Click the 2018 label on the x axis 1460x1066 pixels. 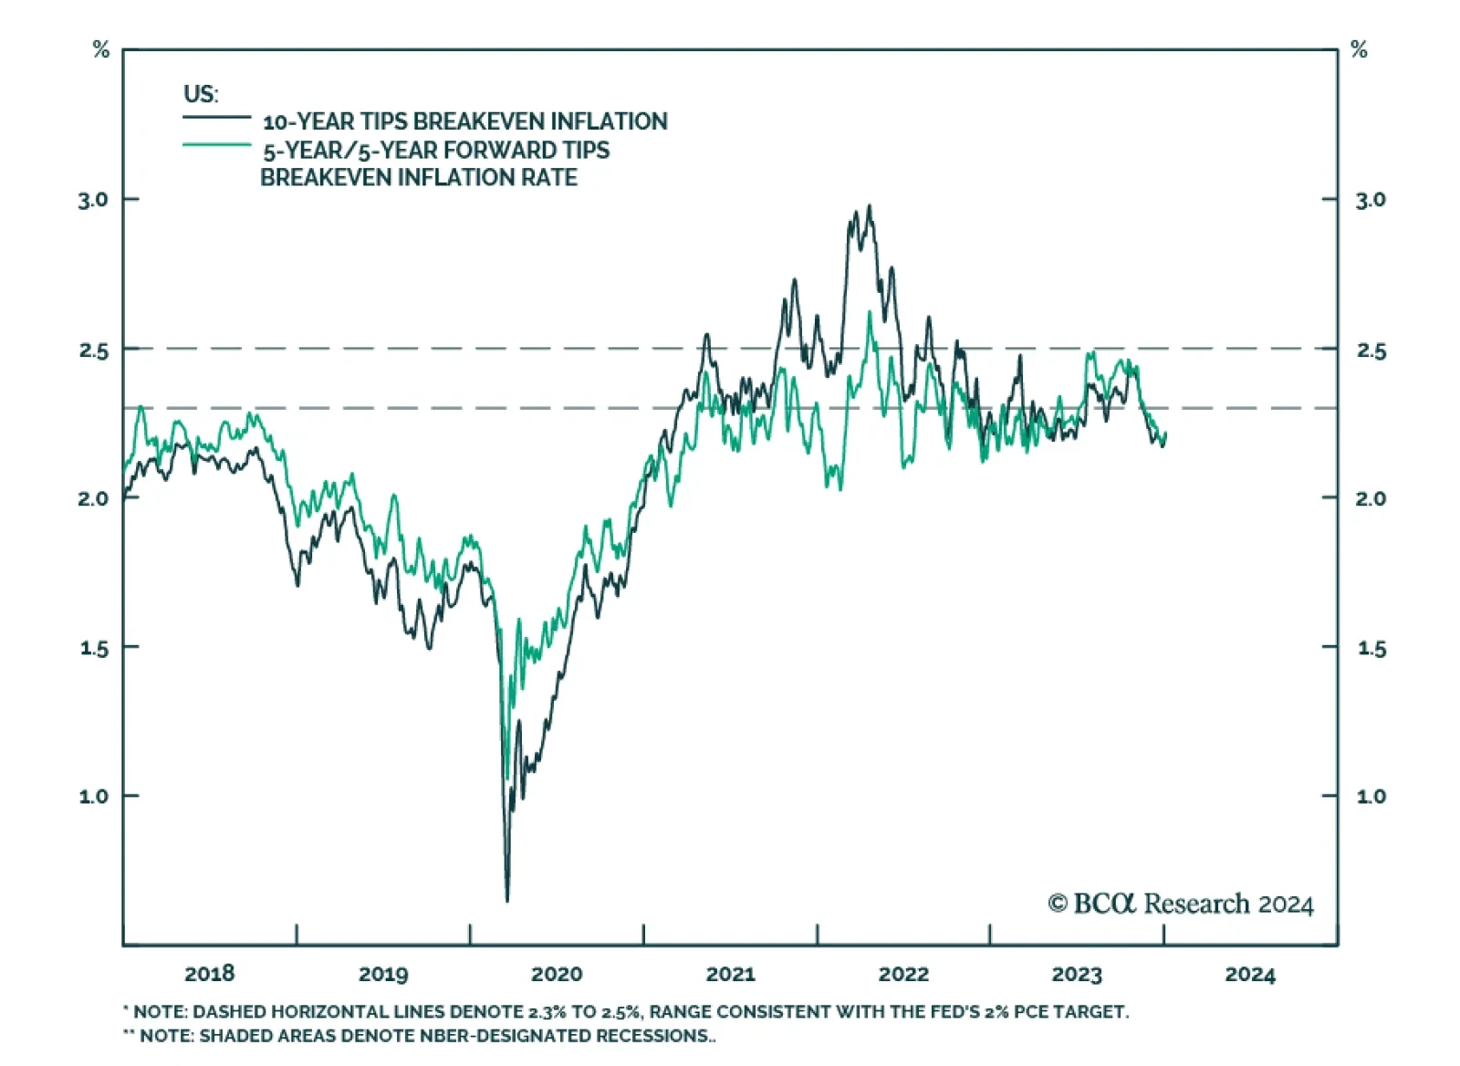click(209, 974)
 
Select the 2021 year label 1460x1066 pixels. click(730, 974)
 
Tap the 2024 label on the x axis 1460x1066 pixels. click(1250, 974)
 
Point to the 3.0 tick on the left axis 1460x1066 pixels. click(93, 200)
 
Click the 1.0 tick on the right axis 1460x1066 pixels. click(1371, 797)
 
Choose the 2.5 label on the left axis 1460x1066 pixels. click(93, 350)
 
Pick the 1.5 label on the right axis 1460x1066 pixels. click(1371, 649)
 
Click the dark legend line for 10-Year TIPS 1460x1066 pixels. click(216, 118)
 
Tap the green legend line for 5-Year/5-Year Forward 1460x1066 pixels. click(216, 145)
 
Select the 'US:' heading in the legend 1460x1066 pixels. click(201, 94)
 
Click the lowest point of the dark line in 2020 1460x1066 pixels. click(507, 900)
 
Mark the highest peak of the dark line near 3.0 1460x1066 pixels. click(870, 206)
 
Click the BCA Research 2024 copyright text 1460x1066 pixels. click(1181, 904)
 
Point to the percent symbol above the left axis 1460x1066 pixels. click(101, 50)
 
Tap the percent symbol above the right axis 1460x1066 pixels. click(1359, 50)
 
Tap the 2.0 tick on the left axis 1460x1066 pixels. click(93, 498)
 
